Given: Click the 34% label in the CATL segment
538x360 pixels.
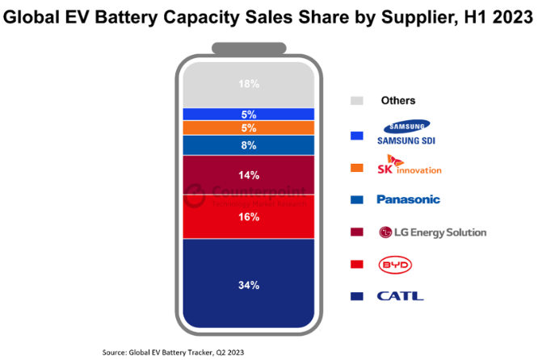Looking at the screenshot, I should (249, 284).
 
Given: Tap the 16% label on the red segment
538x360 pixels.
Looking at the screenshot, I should (249, 217).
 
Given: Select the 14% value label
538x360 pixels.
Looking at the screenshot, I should (249, 175).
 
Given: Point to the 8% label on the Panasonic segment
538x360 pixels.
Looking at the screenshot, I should (249, 145).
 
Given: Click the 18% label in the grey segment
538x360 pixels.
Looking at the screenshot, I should (249, 84).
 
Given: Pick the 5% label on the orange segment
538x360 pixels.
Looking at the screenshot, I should (249, 128).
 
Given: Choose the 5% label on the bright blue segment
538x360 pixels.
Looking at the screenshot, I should (249, 114).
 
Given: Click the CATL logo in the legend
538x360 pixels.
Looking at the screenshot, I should (400, 296).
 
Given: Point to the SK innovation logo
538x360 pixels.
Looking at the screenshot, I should (410, 166).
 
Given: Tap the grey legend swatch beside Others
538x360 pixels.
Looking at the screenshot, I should (355, 101).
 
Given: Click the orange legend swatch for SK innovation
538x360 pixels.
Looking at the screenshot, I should (355, 167).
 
